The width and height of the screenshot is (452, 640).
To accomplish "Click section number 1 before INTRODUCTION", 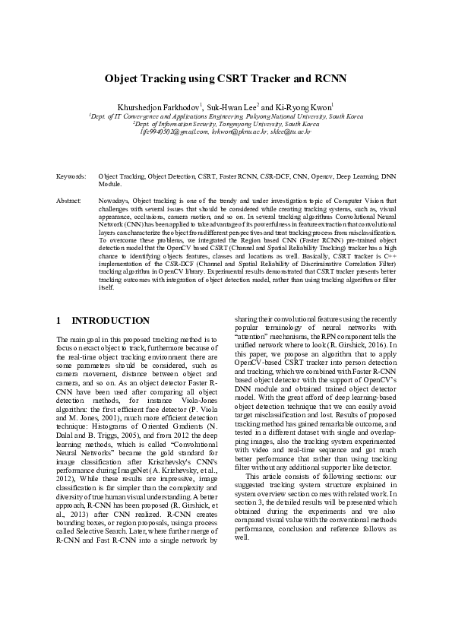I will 60,321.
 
